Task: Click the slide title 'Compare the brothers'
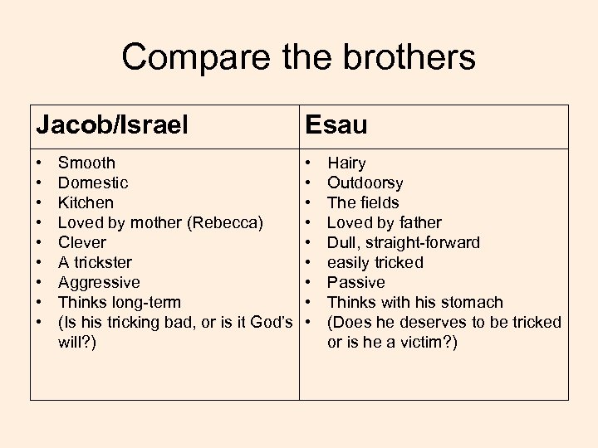point(298,57)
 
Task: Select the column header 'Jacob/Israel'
point(112,125)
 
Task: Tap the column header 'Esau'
point(336,125)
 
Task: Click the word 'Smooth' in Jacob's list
point(86,163)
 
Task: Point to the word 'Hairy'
point(346,163)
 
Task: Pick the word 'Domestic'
point(93,183)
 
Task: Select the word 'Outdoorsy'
point(365,183)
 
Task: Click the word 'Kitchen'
point(86,202)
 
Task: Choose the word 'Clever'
point(82,242)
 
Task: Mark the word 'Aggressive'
point(99,282)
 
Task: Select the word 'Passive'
point(356,282)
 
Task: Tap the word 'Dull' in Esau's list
point(343,242)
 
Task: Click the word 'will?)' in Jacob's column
point(77,342)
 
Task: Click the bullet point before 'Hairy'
point(308,163)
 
